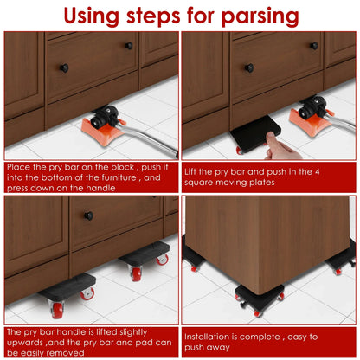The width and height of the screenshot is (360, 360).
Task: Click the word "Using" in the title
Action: pyautogui.click(x=100, y=16)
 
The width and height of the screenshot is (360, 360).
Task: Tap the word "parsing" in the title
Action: pyautogui.click(x=257, y=16)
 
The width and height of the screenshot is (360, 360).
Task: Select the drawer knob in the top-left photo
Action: pyautogui.click(x=63, y=68)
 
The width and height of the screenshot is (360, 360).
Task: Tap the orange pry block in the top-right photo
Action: pyautogui.click(x=311, y=117)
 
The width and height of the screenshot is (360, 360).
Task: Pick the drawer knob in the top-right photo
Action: pyautogui.click(x=249, y=67)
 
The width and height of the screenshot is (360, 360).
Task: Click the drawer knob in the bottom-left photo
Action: pyautogui.click(x=88, y=215)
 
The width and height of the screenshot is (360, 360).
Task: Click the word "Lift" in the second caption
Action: pyautogui.click(x=194, y=171)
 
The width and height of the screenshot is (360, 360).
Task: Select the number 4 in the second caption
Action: pyautogui.click(x=331, y=171)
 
